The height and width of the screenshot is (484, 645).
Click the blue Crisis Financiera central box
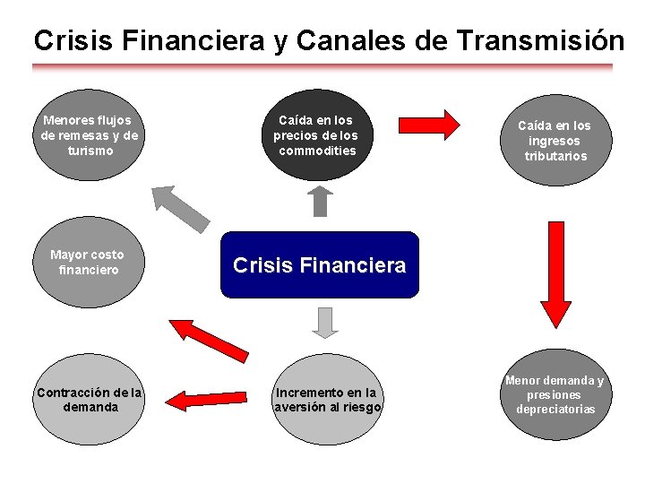pyautogui.click(x=319, y=265)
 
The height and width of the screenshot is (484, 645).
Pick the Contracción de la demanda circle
pyautogui.click(x=90, y=400)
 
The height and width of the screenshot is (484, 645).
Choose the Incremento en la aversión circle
pyautogui.click(x=327, y=400)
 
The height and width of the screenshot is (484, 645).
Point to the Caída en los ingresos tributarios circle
pyautogui.click(x=555, y=141)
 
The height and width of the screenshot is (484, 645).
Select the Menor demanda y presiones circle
pyautogui.click(x=555, y=394)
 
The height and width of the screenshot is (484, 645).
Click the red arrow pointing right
pyautogui.click(x=427, y=122)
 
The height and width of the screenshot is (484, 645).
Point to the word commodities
pyautogui.click(x=317, y=151)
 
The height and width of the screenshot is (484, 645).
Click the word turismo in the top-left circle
pyautogui.click(x=90, y=151)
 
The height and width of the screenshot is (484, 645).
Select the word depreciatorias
pyautogui.click(x=555, y=410)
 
